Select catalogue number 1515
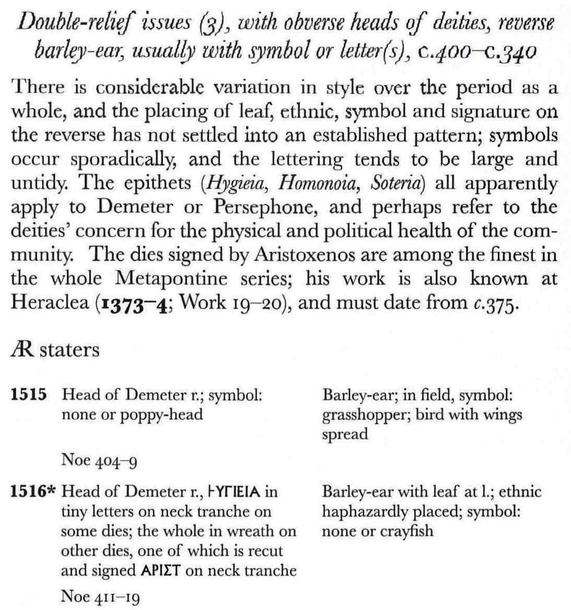[28, 395]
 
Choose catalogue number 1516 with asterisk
[33, 491]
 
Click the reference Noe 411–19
[100, 595]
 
